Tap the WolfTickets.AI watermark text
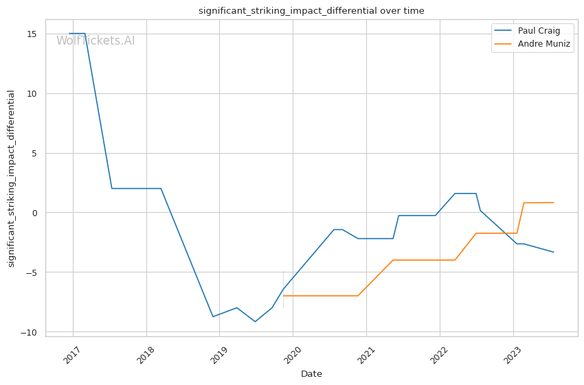click(x=96, y=41)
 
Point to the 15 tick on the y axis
click(x=32, y=34)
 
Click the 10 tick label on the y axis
click(x=32, y=93)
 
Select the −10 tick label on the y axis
click(x=30, y=332)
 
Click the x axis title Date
click(x=311, y=374)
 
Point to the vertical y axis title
click(x=12, y=178)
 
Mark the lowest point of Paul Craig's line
click(x=255, y=321)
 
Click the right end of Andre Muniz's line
click(x=553, y=202)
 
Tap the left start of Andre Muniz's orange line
click(x=283, y=296)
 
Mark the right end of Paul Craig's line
click(x=553, y=252)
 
